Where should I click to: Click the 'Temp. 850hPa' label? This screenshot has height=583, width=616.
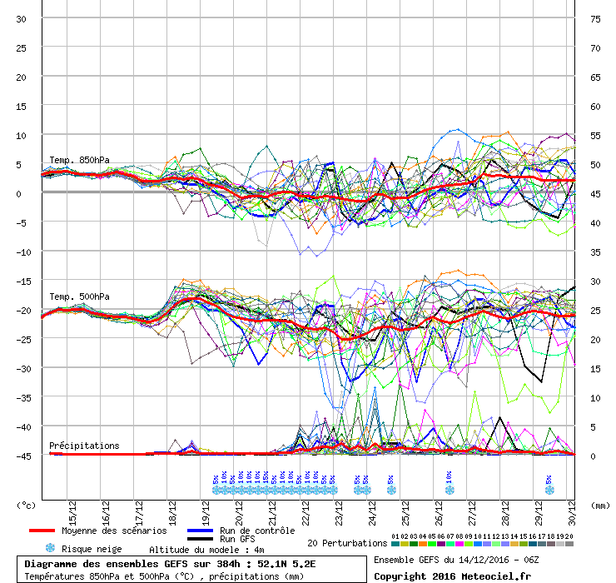(x=79, y=161)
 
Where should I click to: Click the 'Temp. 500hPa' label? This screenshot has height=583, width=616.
(x=79, y=296)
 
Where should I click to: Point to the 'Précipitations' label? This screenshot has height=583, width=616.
(x=84, y=446)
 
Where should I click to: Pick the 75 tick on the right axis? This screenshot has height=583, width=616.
(x=594, y=18)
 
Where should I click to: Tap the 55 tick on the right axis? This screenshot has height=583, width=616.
(x=594, y=135)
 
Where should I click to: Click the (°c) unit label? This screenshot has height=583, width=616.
(x=27, y=505)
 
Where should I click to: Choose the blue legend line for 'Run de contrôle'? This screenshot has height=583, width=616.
(x=200, y=531)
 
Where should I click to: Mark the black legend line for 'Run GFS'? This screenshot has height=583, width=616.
(x=200, y=540)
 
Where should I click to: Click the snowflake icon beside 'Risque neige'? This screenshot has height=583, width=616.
(x=50, y=549)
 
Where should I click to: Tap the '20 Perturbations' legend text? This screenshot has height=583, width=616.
(x=346, y=543)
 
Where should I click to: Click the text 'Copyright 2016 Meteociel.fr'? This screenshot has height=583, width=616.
(x=453, y=575)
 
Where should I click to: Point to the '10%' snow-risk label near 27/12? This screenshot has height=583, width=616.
(x=449, y=476)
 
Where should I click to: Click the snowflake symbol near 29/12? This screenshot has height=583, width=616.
(x=549, y=490)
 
